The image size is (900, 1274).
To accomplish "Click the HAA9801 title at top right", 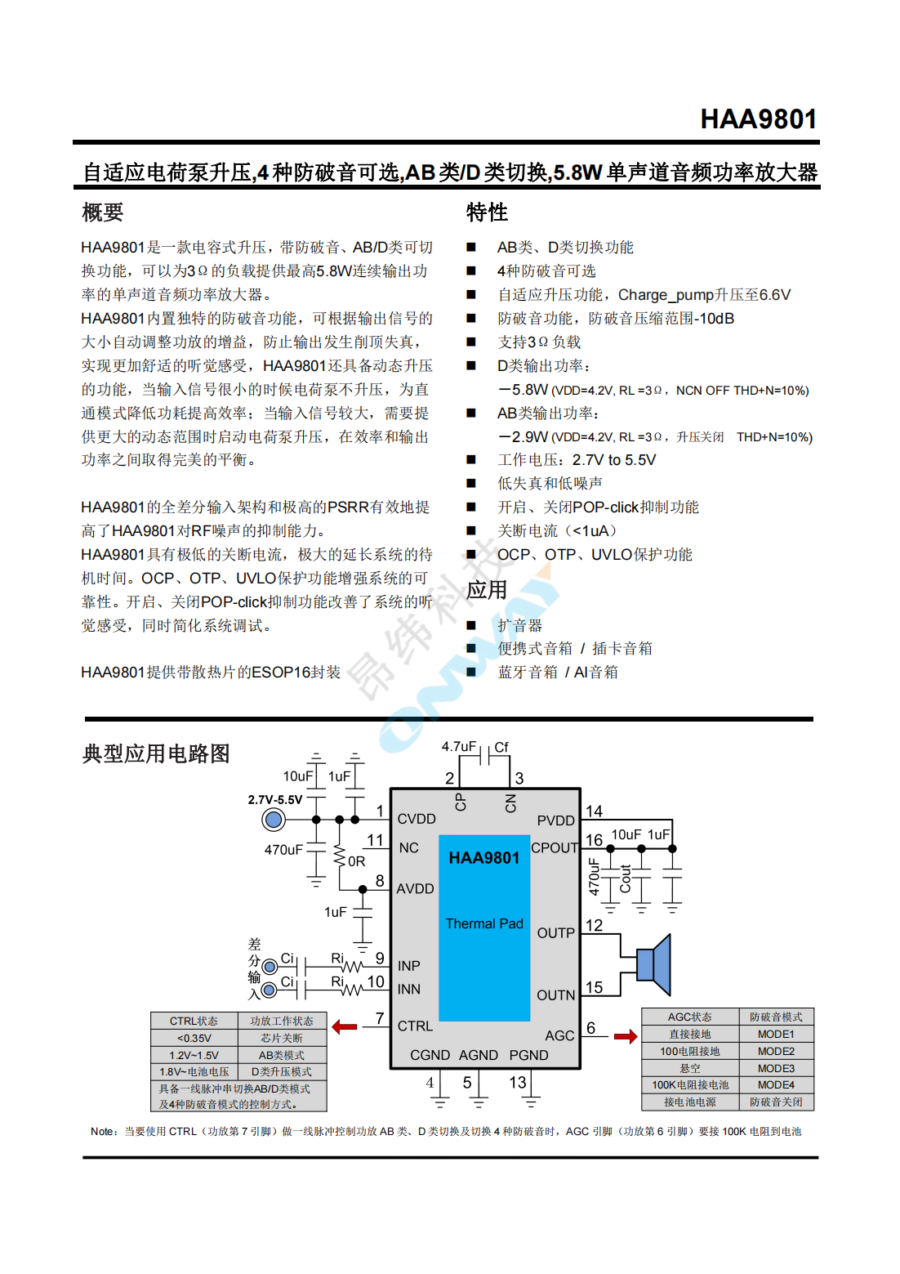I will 758,119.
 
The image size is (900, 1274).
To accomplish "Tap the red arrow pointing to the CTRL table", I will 345,1026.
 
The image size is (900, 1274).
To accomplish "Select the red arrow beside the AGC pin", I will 626,1036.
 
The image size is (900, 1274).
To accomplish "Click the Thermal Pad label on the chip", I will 484,923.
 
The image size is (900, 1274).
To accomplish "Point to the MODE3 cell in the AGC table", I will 776,1068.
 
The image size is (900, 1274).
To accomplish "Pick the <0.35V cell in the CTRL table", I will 194,1038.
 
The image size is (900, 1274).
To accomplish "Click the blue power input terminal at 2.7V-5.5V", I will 274,819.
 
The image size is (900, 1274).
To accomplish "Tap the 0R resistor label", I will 357,861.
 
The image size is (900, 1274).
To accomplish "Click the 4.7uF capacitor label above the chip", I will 458,746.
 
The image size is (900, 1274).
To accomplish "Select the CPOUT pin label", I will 555,847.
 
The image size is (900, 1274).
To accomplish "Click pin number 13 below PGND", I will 518,1082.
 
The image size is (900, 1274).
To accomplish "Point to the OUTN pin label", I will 556,995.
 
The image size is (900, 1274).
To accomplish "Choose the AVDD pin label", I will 415,888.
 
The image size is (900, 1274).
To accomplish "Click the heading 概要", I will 103,212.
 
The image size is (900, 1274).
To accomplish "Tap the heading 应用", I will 487,589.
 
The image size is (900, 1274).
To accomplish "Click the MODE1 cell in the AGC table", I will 776,1034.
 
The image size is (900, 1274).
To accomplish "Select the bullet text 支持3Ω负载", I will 539,342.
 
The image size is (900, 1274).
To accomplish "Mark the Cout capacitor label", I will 626,878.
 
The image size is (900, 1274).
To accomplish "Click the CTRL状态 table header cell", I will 194,1021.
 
